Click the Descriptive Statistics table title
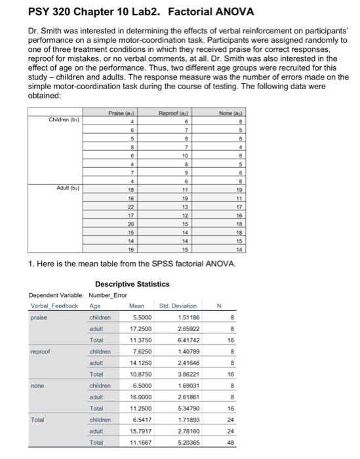click(132, 284)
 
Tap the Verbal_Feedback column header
click(54, 305)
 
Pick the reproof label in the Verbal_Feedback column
click(41, 352)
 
